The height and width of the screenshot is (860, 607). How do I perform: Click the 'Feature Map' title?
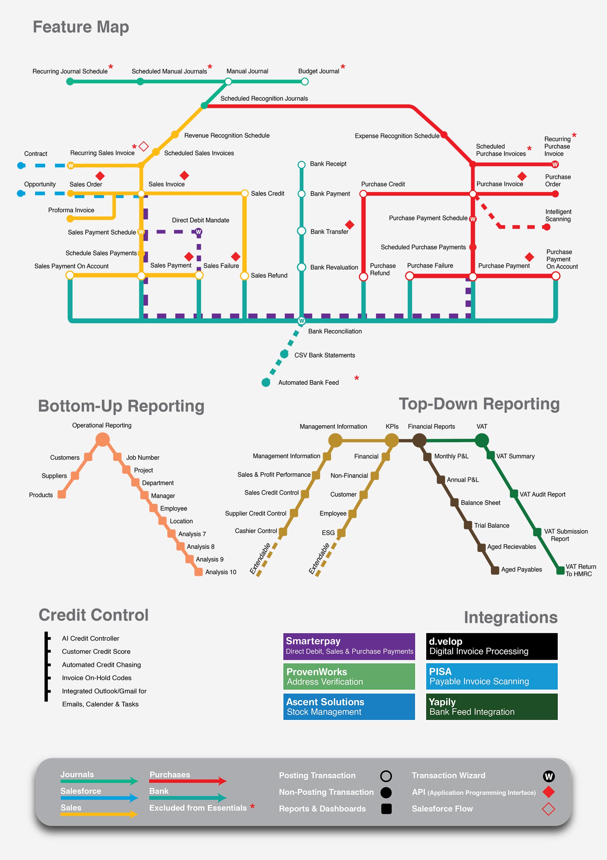tap(81, 27)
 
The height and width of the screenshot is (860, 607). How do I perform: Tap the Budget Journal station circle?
tap(305, 82)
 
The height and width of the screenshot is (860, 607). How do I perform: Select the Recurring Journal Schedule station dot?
tap(70, 82)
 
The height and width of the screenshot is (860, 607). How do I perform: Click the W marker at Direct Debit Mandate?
tap(198, 232)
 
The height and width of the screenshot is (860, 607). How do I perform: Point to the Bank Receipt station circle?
tap(301, 165)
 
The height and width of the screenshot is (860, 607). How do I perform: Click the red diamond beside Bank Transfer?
tap(349, 224)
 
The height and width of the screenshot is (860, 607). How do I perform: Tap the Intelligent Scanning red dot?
tap(547, 227)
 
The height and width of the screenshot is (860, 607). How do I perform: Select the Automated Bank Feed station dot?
tap(266, 382)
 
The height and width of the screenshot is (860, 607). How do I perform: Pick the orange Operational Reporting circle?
tap(103, 439)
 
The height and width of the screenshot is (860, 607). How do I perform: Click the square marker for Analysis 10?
tap(198, 572)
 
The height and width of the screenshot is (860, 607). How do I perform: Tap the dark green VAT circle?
tap(482, 440)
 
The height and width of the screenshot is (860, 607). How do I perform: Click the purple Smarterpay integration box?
tap(349, 646)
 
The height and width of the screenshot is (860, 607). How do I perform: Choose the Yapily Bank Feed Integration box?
tap(492, 707)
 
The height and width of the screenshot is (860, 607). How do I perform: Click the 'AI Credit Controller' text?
tap(90, 638)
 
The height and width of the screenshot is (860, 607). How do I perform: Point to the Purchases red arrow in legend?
tap(187, 781)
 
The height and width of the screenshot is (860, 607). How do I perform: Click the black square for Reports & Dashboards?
tap(386, 809)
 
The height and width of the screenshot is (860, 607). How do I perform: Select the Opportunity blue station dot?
tap(21, 193)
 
